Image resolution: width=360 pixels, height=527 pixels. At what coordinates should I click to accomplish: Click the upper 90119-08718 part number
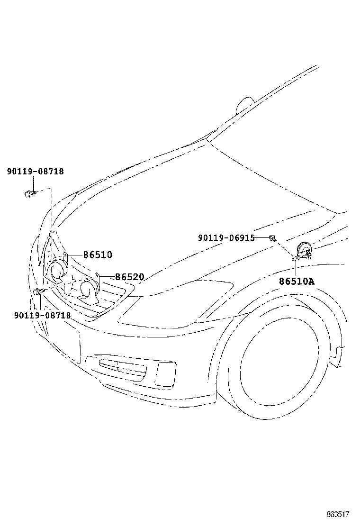pos(35,172)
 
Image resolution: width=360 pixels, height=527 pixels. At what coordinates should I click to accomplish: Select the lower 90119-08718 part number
pos(42,315)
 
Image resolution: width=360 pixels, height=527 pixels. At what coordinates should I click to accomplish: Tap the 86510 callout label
pos(98,255)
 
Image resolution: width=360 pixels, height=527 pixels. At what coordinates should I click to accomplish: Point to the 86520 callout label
pos(129,277)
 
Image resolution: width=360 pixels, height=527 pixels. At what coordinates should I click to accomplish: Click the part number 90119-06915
pos(226,238)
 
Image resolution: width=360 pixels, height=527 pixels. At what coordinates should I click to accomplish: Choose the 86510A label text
pos(296,282)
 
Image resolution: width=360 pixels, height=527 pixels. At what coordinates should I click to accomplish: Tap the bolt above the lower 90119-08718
pos(39,291)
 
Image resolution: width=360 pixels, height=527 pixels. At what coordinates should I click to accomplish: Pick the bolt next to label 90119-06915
pos(273,238)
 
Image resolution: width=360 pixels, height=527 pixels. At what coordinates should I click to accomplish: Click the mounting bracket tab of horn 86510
pos(66,256)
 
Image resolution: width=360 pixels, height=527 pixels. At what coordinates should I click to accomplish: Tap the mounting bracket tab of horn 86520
pos(97,276)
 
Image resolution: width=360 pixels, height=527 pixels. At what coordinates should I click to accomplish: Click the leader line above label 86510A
pos(295,268)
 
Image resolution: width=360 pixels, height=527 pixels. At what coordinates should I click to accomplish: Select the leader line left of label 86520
pos(107,276)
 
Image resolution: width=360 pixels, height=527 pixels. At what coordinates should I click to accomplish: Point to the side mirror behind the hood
pos(246,104)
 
